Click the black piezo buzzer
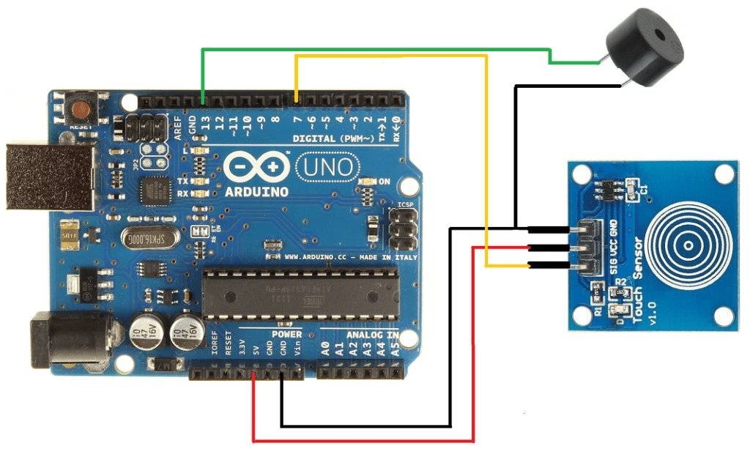(645, 48)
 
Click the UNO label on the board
(328, 168)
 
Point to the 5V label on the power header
(256, 350)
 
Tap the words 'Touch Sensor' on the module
(636, 281)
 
